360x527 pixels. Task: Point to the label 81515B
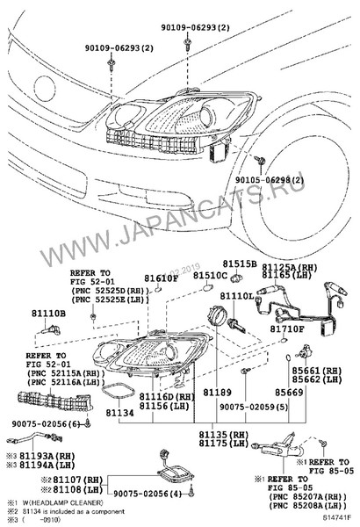coord(239,263)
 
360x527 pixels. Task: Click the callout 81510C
coord(211,276)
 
